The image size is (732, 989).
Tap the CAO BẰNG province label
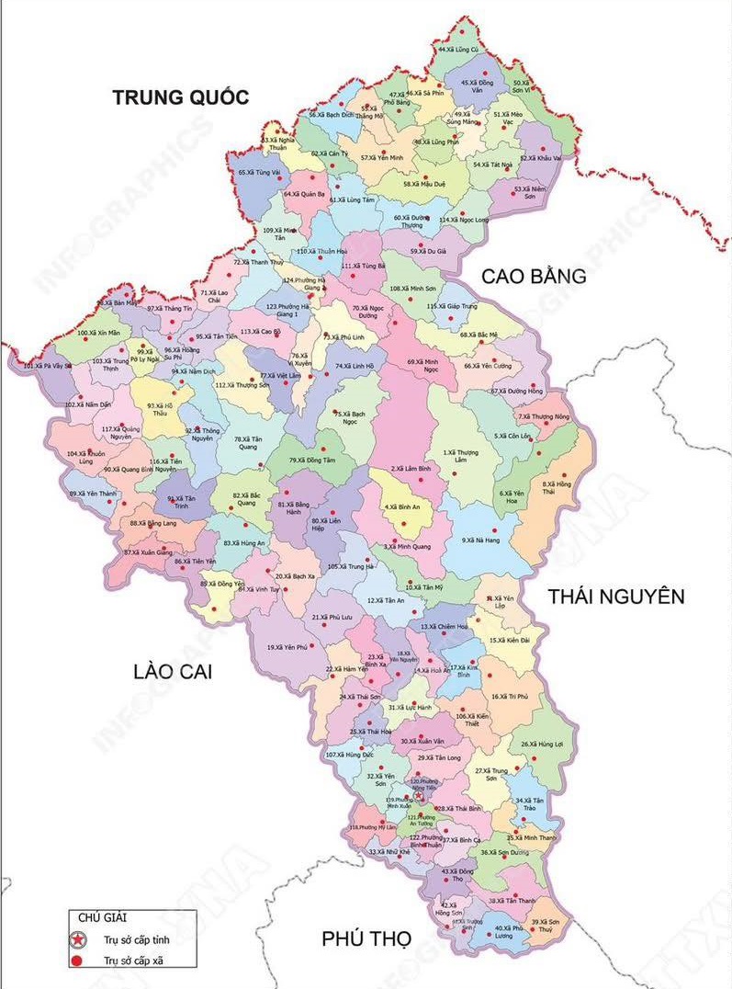534,275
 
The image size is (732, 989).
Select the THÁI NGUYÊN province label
616,597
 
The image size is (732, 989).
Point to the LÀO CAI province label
172,672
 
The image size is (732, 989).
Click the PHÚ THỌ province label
366,938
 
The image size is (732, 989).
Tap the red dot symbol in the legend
79,961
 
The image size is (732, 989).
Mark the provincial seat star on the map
419,796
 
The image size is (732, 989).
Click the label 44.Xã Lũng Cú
458,49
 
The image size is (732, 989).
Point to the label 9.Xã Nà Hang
480,540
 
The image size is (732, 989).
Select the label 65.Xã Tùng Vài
258,172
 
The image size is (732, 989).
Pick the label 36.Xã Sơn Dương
503,852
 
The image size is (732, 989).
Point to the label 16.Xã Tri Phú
510,697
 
